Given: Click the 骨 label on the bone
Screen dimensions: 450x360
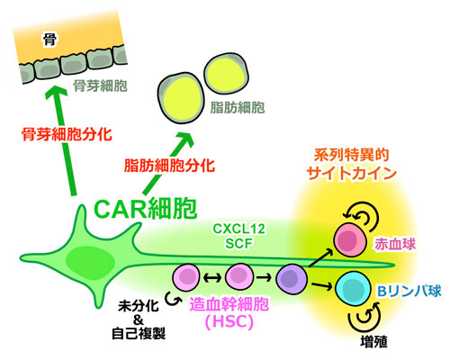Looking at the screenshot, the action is tap(49, 40).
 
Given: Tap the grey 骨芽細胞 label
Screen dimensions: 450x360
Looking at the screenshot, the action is tap(100, 86).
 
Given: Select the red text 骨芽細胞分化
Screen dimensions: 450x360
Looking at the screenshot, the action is tap(67, 134).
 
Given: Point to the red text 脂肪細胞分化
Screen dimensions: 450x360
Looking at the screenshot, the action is tap(169, 166).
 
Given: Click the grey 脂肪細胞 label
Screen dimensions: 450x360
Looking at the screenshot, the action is tap(238, 107).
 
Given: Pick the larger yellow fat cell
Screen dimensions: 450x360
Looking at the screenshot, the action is tap(181, 98).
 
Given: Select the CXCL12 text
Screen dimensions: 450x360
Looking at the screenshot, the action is tap(238, 229).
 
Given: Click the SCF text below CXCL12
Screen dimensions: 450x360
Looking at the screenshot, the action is tap(238, 243).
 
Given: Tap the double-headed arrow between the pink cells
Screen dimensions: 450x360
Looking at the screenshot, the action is tap(212, 278).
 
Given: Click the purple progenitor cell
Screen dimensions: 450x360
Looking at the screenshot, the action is tap(292, 279).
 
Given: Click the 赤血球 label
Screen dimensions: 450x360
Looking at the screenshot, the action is tap(395, 245).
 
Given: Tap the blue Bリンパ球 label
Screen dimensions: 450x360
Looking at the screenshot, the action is tap(409, 291).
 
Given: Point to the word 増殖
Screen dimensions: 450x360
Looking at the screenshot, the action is tap(373, 341).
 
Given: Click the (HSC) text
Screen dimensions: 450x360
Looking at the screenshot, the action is tap(229, 322).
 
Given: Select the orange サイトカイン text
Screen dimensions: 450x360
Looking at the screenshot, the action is tap(352, 174).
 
